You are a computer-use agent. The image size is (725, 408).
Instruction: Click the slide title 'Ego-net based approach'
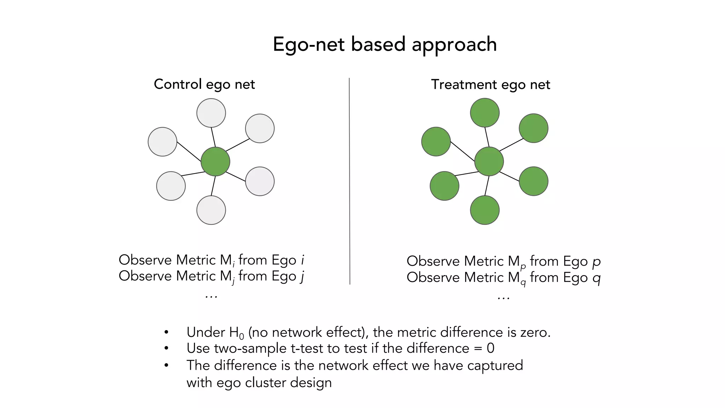pos(384,45)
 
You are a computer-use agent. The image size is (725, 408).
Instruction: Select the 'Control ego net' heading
pos(204,84)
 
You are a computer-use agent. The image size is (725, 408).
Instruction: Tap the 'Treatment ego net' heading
pos(490,85)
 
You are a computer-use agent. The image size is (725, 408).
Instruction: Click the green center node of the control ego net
pos(215,161)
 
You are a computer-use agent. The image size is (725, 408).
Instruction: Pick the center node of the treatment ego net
pos(489,161)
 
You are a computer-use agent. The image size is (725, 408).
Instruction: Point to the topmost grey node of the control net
pos(211,113)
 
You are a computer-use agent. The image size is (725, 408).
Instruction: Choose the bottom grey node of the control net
pos(211,210)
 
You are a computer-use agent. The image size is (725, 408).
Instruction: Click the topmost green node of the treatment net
pos(485,113)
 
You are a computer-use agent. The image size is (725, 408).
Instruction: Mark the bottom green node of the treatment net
pos(485,210)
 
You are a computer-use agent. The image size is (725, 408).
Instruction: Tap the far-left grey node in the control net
pos(162,142)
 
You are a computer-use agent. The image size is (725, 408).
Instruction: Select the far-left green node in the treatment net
pos(436,142)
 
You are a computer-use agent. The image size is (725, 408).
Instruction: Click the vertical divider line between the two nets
pos(349,181)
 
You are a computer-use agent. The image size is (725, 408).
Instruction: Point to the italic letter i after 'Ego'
pos(302,260)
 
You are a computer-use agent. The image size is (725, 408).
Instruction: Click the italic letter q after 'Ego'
pos(596,278)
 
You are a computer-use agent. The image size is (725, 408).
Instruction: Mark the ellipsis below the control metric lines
pos(211,296)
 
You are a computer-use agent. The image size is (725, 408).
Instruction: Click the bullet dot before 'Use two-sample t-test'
pos(166,348)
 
